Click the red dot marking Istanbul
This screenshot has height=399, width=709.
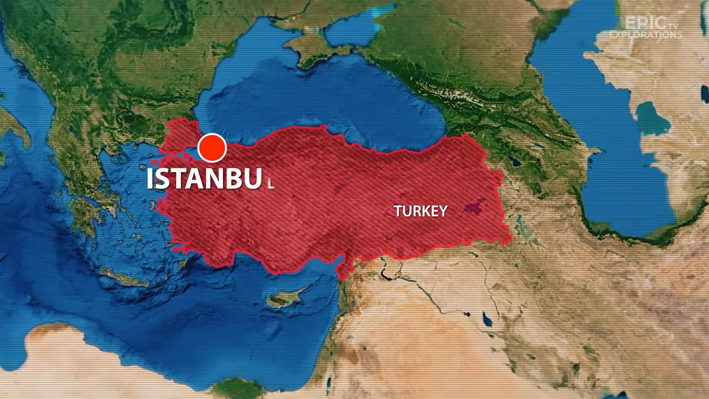click(212, 148)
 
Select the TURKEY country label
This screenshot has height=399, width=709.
click(420, 211)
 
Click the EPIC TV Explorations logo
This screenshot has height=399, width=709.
click(645, 28)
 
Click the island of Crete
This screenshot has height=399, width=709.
click(125, 277)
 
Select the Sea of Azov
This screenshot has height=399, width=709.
click(354, 28)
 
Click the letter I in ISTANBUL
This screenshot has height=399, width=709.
click(150, 178)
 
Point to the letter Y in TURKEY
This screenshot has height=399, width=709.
click(442, 211)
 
